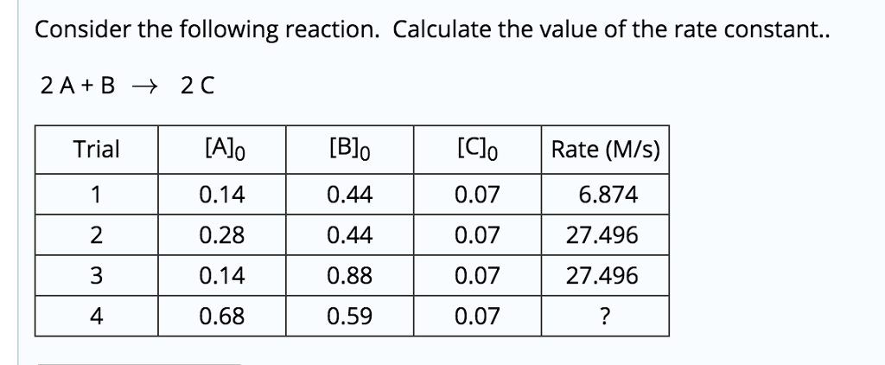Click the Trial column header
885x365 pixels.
[x=97, y=150]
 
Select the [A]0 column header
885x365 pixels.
[x=222, y=150]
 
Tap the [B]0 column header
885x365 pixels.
[x=350, y=150]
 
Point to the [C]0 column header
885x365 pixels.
[x=477, y=150]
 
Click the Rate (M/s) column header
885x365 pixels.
[x=605, y=150]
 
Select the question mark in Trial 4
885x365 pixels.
[x=605, y=317]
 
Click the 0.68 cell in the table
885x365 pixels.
[x=222, y=317]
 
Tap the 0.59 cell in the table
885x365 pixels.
[x=350, y=317]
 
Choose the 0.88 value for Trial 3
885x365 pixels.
[x=350, y=276]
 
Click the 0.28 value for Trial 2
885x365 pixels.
[x=222, y=235]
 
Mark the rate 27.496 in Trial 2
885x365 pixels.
[x=602, y=235]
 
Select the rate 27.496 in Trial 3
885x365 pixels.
[x=602, y=276]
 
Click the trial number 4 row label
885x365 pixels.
[x=97, y=317]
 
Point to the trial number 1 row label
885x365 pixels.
[x=97, y=195]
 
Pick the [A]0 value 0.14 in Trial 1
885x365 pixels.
[x=222, y=195]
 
